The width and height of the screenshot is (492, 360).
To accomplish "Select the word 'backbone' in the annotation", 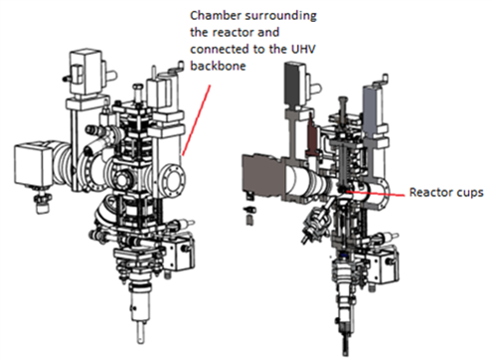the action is pyautogui.click(x=218, y=66).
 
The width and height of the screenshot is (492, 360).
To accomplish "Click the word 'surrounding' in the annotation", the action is pyautogui.click(x=280, y=17).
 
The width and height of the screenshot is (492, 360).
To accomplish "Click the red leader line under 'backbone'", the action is pyautogui.click(x=196, y=120).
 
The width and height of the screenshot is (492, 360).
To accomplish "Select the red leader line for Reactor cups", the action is pyautogui.click(x=375, y=193).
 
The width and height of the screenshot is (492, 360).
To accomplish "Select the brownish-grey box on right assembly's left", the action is pyautogui.click(x=262, y=177).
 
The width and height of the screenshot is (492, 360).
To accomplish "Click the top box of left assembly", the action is pyautogui.click(x=85, y=73).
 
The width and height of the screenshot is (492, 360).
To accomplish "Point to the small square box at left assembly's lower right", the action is pyautogui.click(x=179, y=253).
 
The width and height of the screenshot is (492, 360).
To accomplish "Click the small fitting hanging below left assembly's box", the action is pyautogui.click(x=42, y=202).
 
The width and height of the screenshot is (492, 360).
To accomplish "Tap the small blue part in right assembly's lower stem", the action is pyautogui.click(x=343, y=256).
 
